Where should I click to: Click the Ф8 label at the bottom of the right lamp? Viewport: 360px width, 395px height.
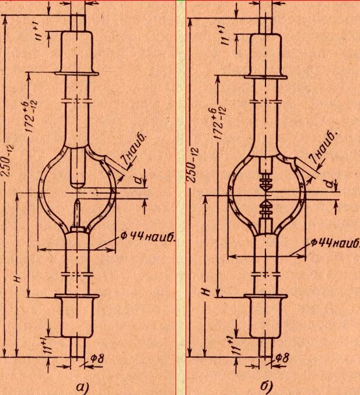[x=282, y=357]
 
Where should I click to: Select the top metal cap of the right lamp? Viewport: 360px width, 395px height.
[x=266, y=55]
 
